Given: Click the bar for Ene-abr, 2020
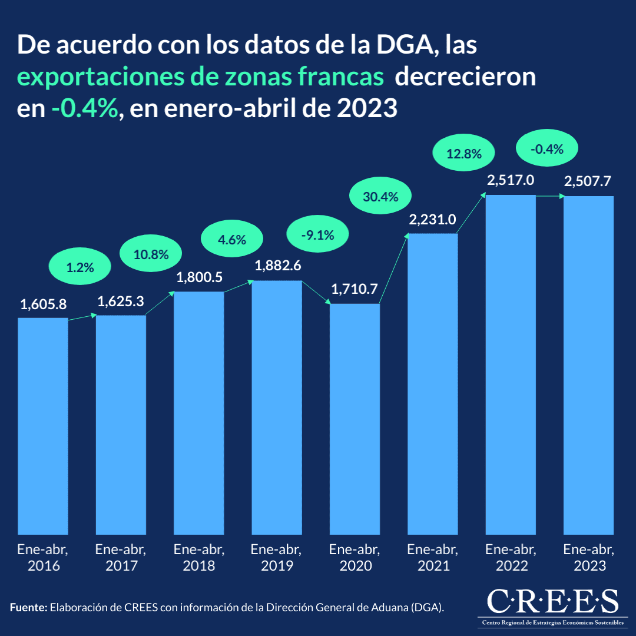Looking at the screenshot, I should [x=355, y=419].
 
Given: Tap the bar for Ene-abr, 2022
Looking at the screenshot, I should [x=511, y=365].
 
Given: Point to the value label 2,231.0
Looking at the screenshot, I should [x=432, y=220].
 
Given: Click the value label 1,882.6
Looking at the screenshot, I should [x=277, y=266].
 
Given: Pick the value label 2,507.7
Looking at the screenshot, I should [x=588, y=182].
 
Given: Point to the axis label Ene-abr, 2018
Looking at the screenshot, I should [x=199, y=558].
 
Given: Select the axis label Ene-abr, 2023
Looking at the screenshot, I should [x=589, y=558].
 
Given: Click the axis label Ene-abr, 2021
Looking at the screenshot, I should [x=432, y=558].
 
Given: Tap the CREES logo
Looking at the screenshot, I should [x=553, y=607].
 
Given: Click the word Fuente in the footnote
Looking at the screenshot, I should [x=28, y=607].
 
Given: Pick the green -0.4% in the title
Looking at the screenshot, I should [x=85, y=109].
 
